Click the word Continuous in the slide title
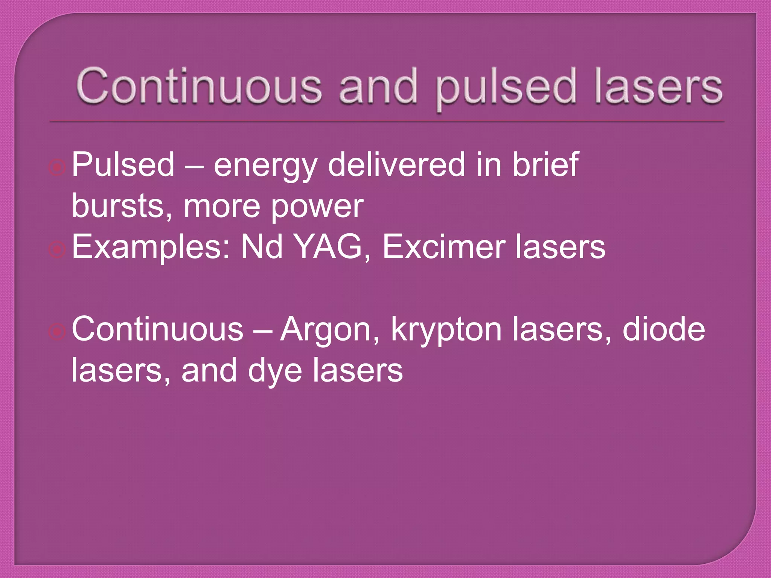pyautogui.click(x=199, y=86)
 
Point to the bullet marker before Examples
pyautogui.click(x=57, y=249)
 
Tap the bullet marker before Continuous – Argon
pyautogui.click(x=57, y=332)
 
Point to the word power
pyautogui.click(x=317, y=208)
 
